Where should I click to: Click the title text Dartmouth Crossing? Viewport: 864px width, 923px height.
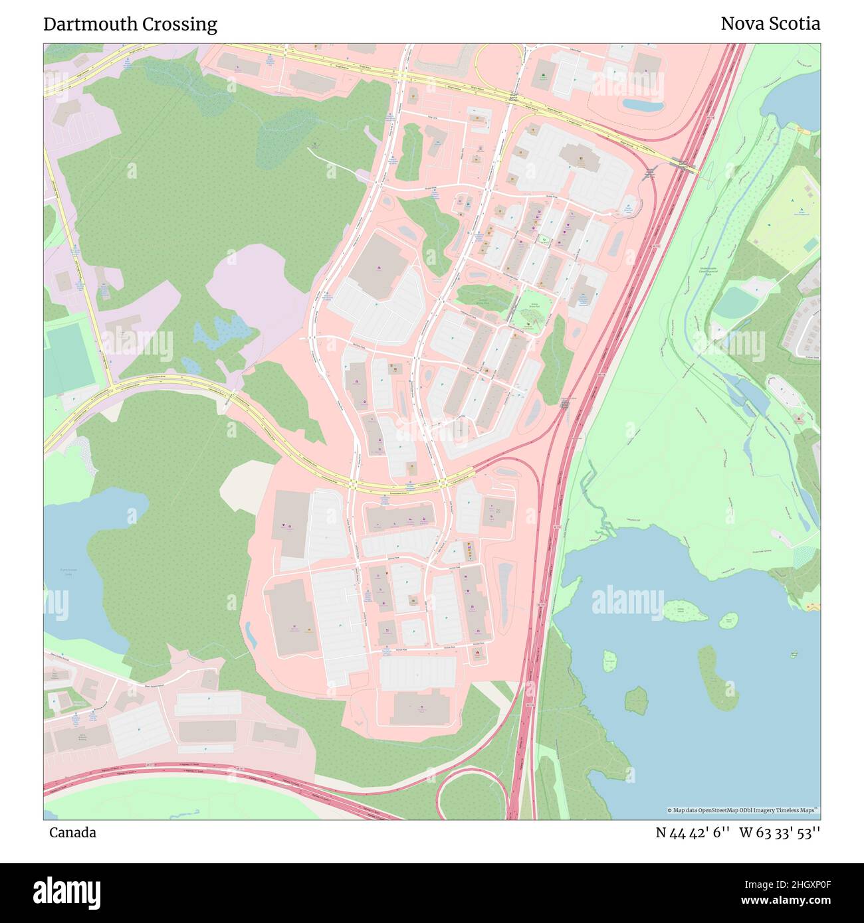point(130,25)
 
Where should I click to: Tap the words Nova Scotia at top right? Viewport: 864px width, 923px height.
point(770,24)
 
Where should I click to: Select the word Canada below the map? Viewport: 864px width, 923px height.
point(72,833)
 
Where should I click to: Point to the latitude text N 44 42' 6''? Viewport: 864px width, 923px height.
point(693,833)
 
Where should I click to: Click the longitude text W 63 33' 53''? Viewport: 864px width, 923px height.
point(780,833)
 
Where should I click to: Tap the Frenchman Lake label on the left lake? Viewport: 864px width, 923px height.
point(64,572)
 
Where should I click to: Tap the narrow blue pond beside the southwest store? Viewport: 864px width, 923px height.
point(251,633)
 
